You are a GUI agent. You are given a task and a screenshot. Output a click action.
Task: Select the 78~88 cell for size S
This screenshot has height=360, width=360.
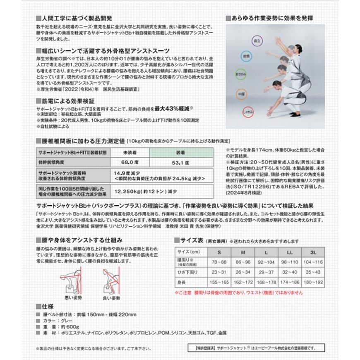point(219,262)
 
